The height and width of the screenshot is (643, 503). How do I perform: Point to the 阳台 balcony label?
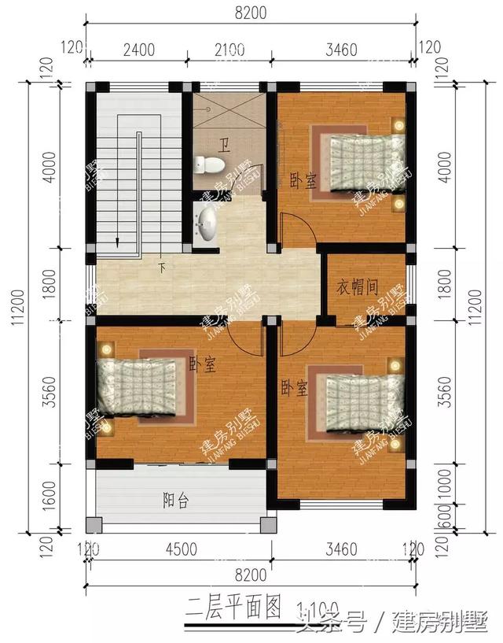[174, 499]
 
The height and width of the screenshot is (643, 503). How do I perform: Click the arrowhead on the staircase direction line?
[117, 243]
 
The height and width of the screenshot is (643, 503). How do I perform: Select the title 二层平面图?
[233, 606]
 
